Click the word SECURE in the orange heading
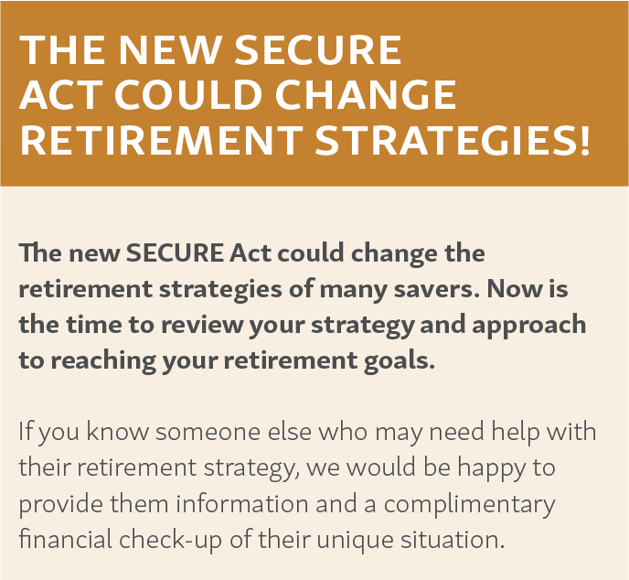tap(318, 49)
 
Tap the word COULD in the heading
tap(188, 95)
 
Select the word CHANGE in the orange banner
tap(366, 95)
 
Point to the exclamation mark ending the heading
tap(584, 140)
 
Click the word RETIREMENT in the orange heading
tap(161, 140)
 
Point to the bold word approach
tap(529, 325)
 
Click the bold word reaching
tap(103, 360)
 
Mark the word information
tap(242, 503)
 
